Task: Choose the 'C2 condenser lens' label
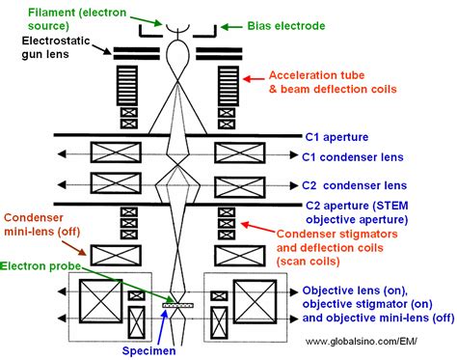click(358, 183)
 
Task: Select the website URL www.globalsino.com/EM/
click(379, 341)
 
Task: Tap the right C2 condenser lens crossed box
click(239, 181)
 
